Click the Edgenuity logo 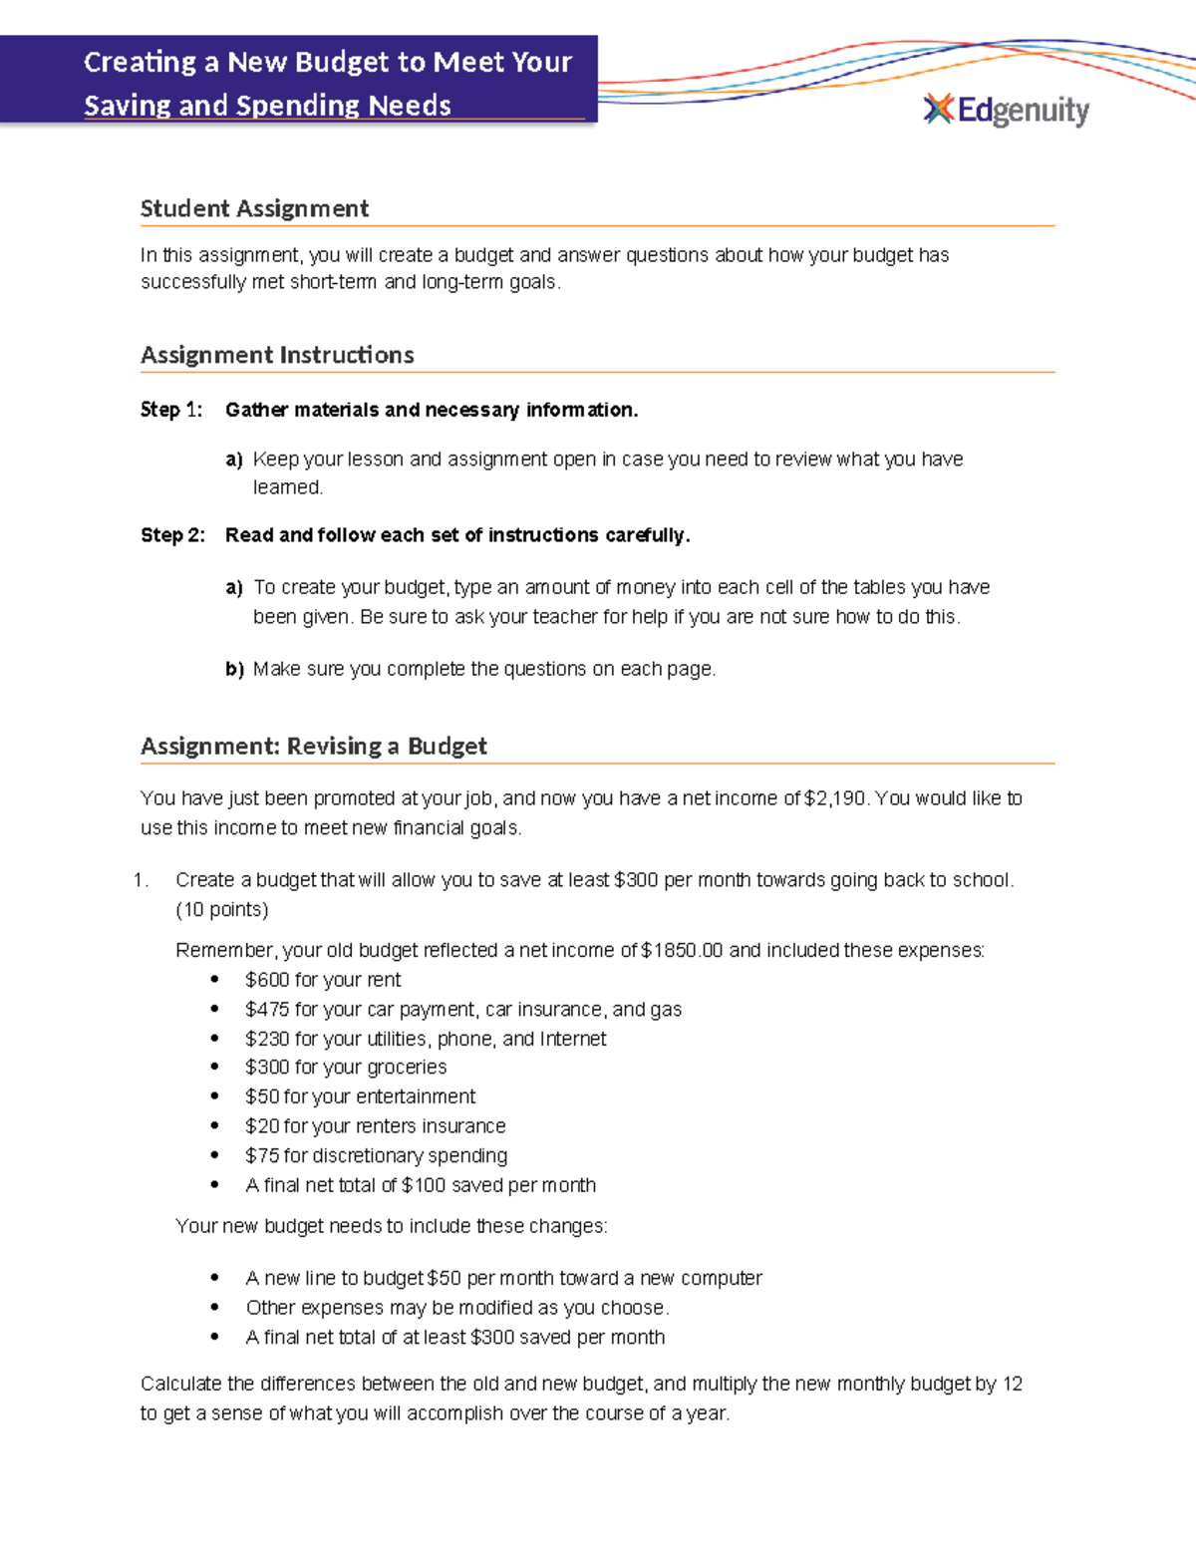click(1007, 110)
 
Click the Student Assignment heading click(254, 208)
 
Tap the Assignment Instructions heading click(277, 355)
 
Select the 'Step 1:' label click(171, 410)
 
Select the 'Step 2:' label click(172, 535)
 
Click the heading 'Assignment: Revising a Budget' click(313, 747)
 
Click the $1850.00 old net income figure click(682, 950)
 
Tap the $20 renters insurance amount click(262, 1126)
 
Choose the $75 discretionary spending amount click(262, 1155)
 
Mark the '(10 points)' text click(221, 909)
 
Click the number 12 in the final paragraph click(1012, 1384)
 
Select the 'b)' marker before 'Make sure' click(234, 669)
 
